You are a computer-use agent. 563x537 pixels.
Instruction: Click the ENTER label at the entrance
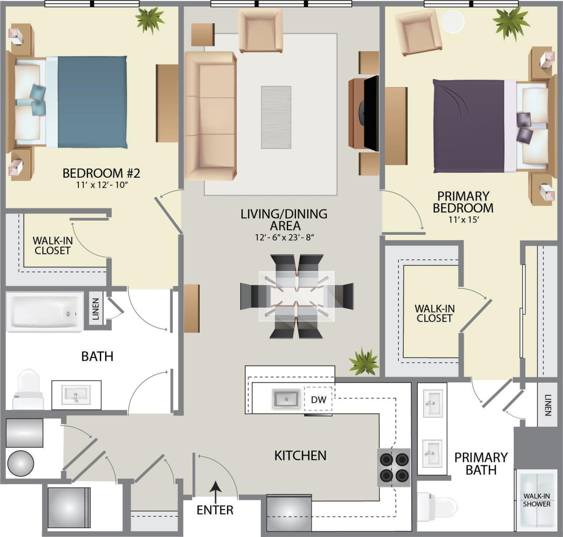pyautogui.click(x=215, y=510)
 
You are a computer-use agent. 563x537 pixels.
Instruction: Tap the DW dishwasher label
pyautogui.click(x=318, y=399)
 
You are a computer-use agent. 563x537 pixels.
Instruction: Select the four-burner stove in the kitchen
pyautogui.click(x=394, y=467)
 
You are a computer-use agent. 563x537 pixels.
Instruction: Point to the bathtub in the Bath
pyautogui.click(x=44, y=312)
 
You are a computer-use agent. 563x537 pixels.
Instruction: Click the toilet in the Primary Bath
pyautogui.click(x=437, y=506)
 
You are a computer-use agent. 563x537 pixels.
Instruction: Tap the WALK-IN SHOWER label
pyautogui.click(x=536, y=500)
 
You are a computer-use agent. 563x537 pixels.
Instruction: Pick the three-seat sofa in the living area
pyautogui.click(x=210, y=116)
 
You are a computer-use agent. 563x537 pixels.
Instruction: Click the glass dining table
pyautogui.click(x=296, y=296)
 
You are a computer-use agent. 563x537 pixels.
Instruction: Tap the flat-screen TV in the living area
pyautogui.click(x=370, y=113)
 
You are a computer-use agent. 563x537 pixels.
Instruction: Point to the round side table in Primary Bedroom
pyautogui.click(x=453, y=21)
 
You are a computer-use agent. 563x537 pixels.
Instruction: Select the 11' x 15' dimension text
pyautogui.click(x=463, y=220)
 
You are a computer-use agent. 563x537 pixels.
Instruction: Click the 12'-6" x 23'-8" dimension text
pyautogui.click(x=284, y=237)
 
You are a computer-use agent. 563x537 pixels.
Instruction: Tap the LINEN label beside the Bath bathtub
pyautogui.click(x=95, y=309)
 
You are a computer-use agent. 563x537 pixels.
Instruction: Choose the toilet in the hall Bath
pyautogui.click(x=28, y=389)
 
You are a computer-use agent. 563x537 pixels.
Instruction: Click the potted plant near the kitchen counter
pyautogui.click(x=363, y=362)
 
